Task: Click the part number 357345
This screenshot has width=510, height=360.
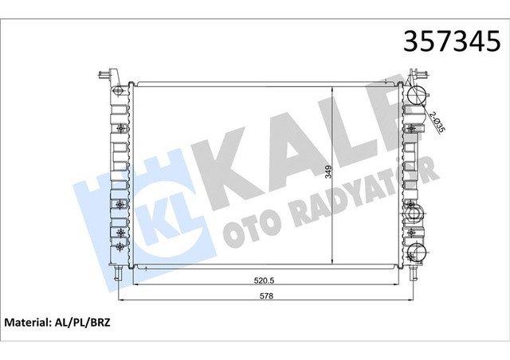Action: (x=452, y=41)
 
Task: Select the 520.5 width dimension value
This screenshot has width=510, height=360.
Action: (x=264, y=280)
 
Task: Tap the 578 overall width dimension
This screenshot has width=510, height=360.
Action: (x=266, y=296)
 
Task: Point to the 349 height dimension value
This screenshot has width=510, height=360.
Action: (x=328, y=172)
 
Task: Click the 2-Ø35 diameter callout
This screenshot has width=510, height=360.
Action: (x=437, y=122)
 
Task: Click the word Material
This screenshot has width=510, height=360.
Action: (x=26, y=323)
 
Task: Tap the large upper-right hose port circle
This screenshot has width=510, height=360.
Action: (x=416, y=95)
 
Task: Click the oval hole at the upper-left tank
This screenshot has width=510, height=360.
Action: (x=119, y=91)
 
